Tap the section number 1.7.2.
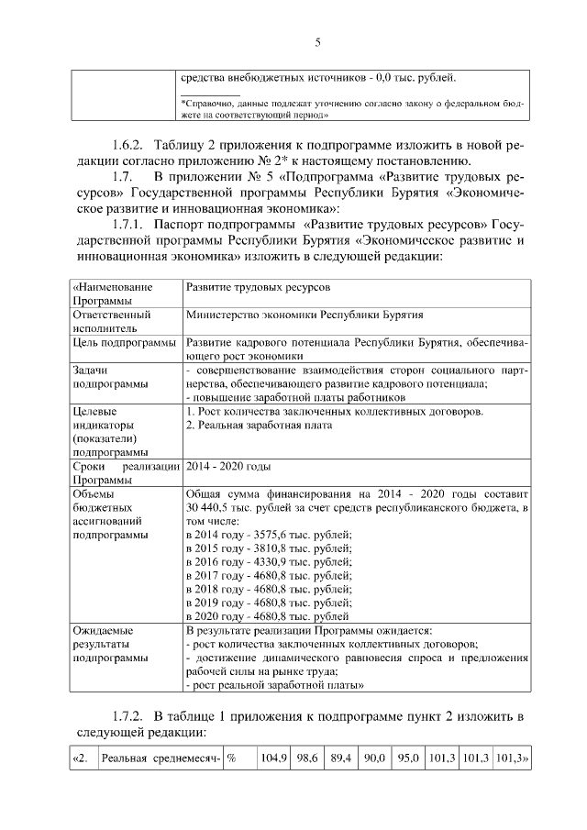pyautogui.click(x=128, y=715)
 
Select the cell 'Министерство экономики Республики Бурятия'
pyautogui.click(x=304, y=315)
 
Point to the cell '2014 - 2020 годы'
pyautogui.click(x=227, y=466)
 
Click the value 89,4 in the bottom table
pyautogui.click(x=341, y=760)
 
